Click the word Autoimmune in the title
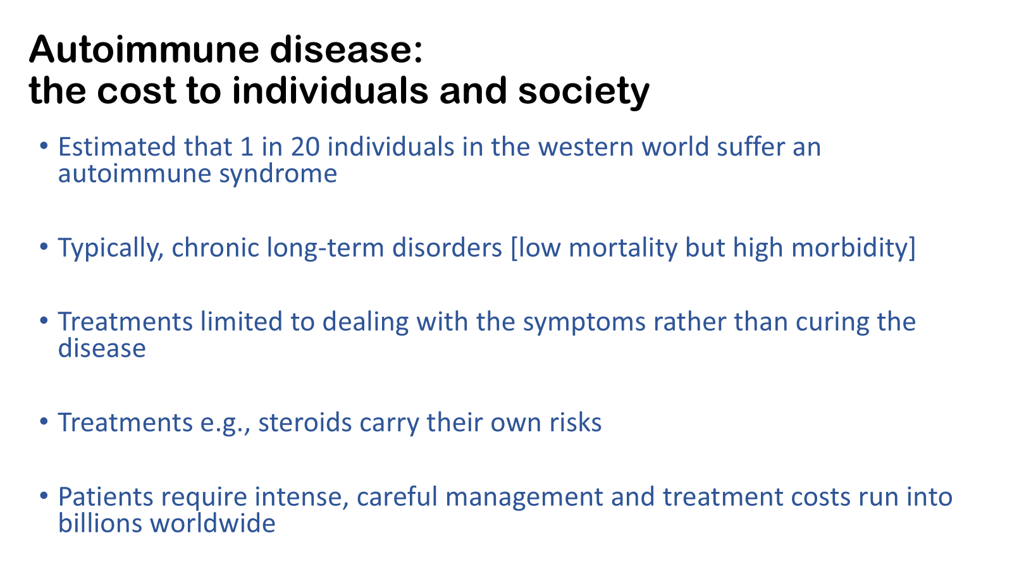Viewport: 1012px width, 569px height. pyautogui.click(x=144, y=49)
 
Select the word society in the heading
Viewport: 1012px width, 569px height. pyautogui.click(x=584, y=91)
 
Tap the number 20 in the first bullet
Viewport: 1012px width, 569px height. pyautogui.click(x=305, y=147)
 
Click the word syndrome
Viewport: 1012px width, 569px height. pyautogui.click(x=278, y=174)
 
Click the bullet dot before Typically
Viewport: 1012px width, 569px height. pyautogui.click(x=44, y=247)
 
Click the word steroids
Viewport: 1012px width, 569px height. pyautogui.click(x=305, y=423)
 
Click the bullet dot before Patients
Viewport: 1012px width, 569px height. pyautogui.click(x=44, y=496)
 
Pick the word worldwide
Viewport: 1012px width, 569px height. pyautogui.click(x=213, y=524)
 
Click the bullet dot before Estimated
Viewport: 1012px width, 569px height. pyautogui.click(x=44, y=146)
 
